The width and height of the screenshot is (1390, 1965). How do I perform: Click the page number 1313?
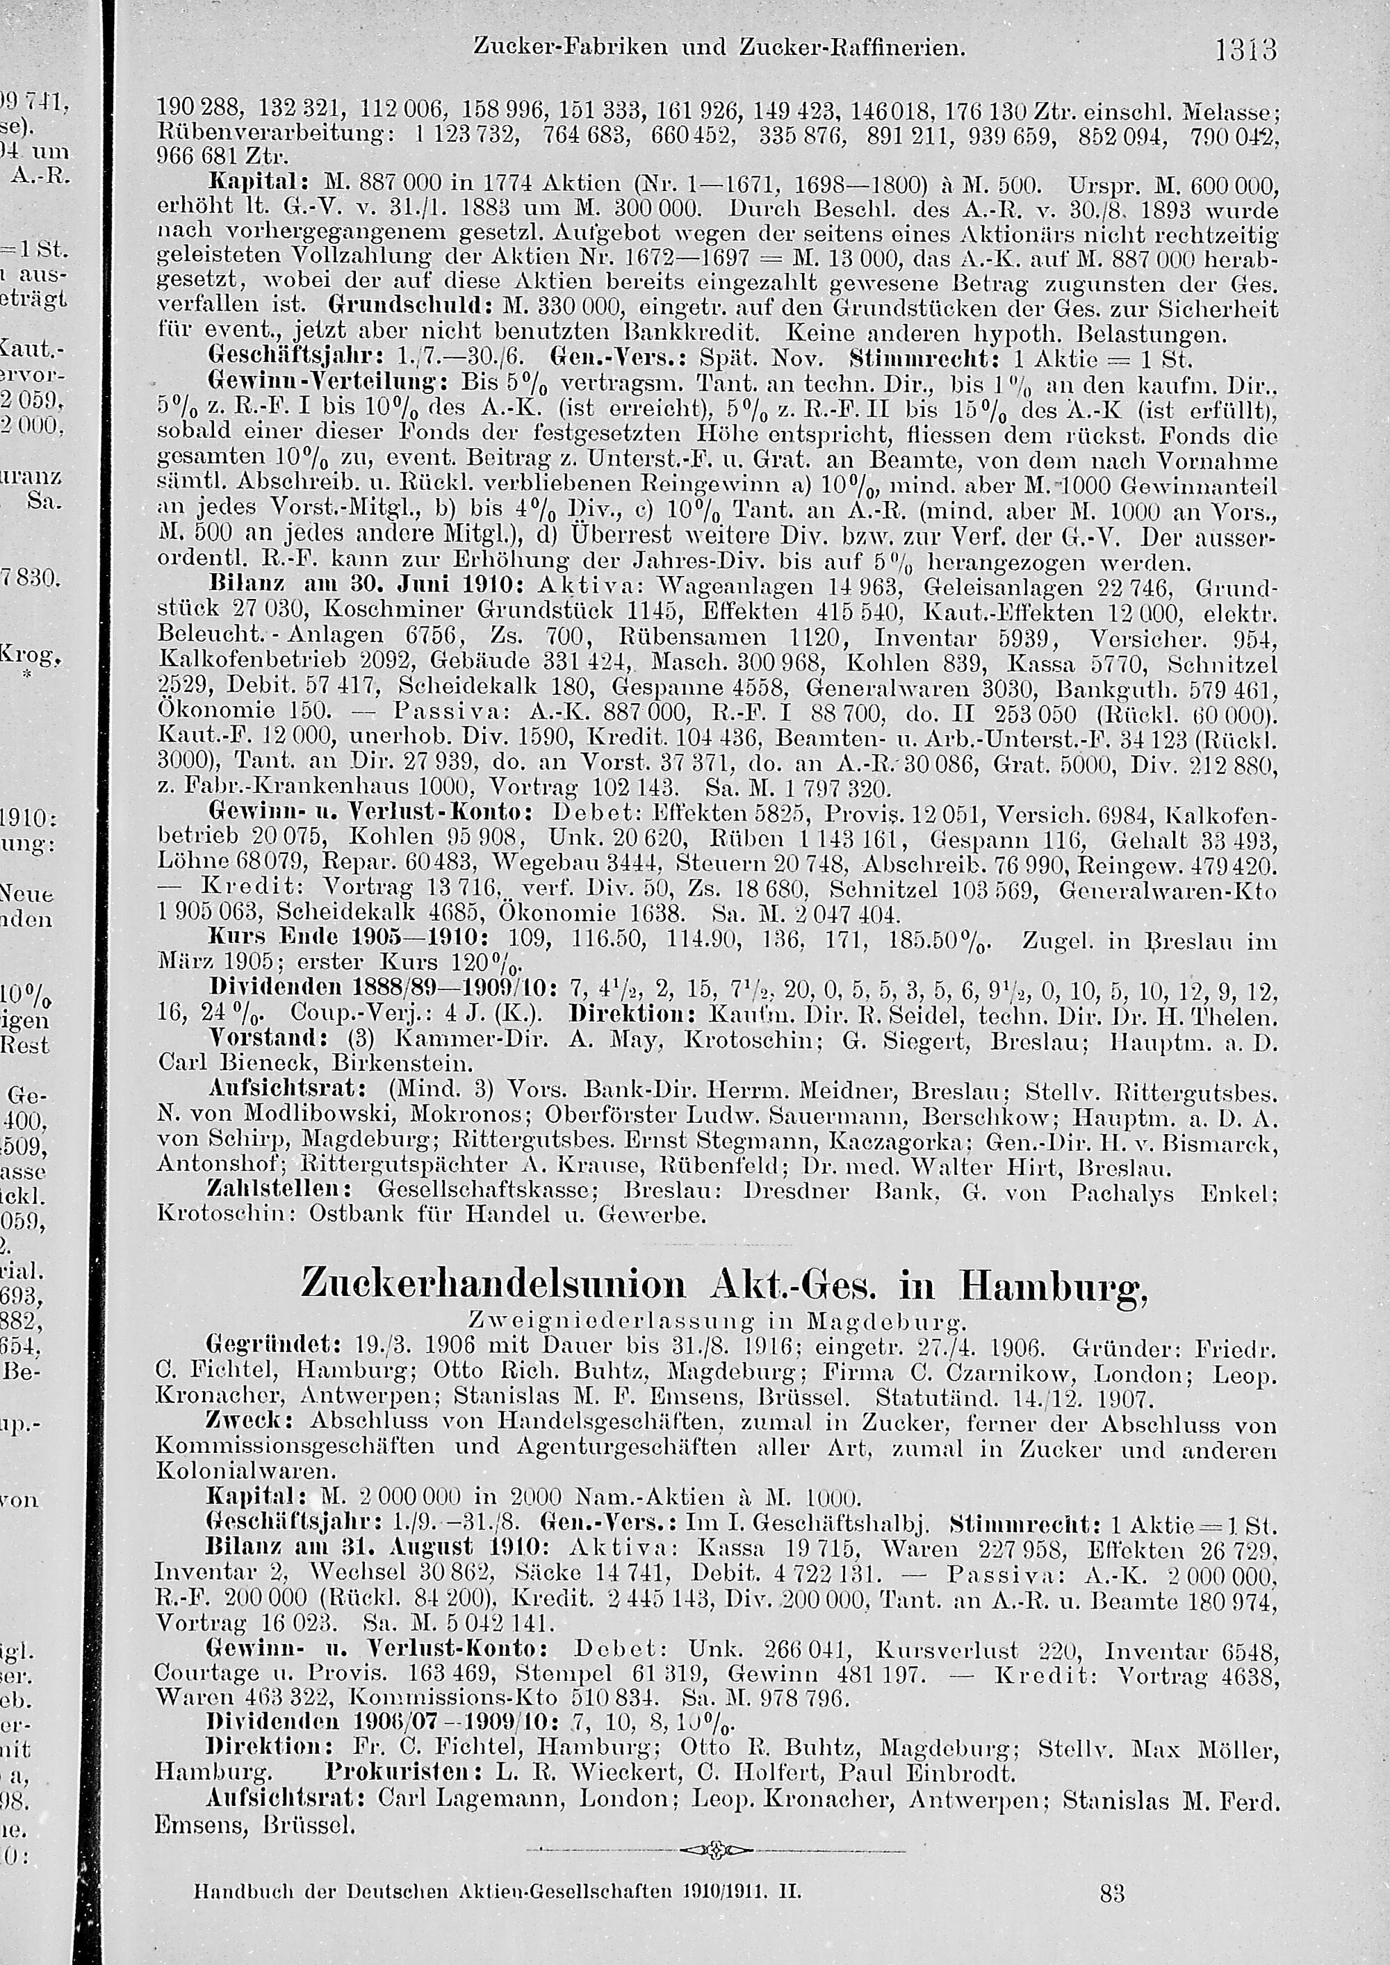pyautogui.click(x=1246, y=51)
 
